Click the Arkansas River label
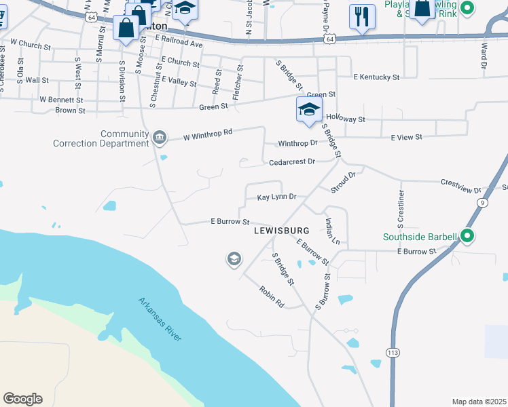point(160,319)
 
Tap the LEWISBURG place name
point(282,231)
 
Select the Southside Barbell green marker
point(467,236)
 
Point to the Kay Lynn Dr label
point(276,197)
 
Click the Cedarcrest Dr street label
point(292,162)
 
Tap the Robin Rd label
point(271,297)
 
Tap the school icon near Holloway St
point(309,110)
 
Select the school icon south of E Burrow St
point(234,258)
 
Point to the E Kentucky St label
point(376,77)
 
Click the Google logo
point(22,399)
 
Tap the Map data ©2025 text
point(479,402)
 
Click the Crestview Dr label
point(460,185)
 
